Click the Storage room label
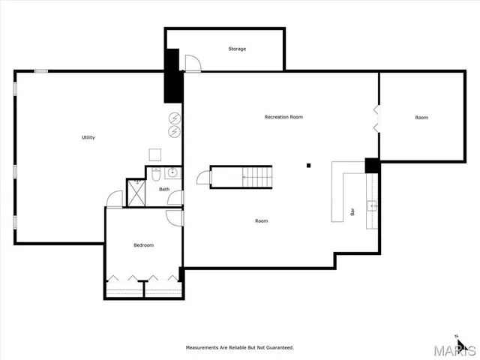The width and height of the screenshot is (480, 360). tap(237, 49)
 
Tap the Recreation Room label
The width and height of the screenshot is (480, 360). tap(283, 117)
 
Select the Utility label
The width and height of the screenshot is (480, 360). tap(88, 137)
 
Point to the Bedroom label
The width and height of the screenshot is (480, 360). tap(143, 245)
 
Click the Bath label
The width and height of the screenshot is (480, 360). tap(163, 189)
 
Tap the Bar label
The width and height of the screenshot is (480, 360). tap(352, 212)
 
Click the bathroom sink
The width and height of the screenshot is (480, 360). tap(172, 173)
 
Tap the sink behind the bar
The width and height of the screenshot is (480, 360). tap(371, 205)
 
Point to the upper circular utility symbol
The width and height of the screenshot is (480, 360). tap(174, 118)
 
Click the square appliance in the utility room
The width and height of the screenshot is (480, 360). tap(156, 154)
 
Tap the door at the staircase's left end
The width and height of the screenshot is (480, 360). tap(203, 177)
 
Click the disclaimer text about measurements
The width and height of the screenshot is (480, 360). tap(240, 347)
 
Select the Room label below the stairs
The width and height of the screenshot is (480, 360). tap(261, 220)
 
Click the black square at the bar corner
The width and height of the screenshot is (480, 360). tap(371, 165)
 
